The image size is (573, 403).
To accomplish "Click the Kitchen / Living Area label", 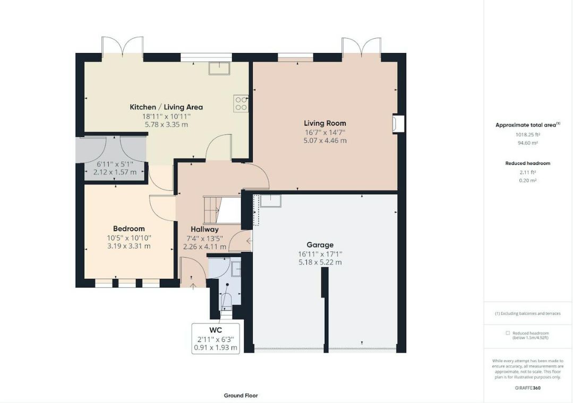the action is (x=166, y=107).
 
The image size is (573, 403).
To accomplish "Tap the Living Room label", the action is (x=325, y=124).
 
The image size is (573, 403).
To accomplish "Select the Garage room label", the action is (x=320, y=245).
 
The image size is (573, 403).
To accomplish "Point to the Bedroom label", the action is (x=129, y=229).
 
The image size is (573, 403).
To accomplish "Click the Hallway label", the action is (x=204, y=230).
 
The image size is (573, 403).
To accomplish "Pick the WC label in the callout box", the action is (x=216, y=330).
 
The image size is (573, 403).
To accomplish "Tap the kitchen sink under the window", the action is (x=219, y=68).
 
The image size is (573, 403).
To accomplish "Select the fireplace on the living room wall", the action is (x=398, y=124).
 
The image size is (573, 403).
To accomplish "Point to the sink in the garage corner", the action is (x=271, y=201).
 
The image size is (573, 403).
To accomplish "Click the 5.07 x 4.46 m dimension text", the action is (x=325, y=141).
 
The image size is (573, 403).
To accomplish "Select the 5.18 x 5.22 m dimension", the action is (x=320, y=262).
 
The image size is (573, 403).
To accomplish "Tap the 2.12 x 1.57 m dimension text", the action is (x=115, y=172).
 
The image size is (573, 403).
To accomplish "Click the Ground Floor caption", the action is (x=241, y=396).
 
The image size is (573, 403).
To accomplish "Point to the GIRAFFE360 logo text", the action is (x=528, y=388).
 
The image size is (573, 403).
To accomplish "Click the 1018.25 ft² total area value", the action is (x=528, y=134).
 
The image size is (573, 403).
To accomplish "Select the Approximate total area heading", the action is (x=526, y=125).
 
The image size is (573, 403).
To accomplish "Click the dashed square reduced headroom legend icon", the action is (x=508, y=333).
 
